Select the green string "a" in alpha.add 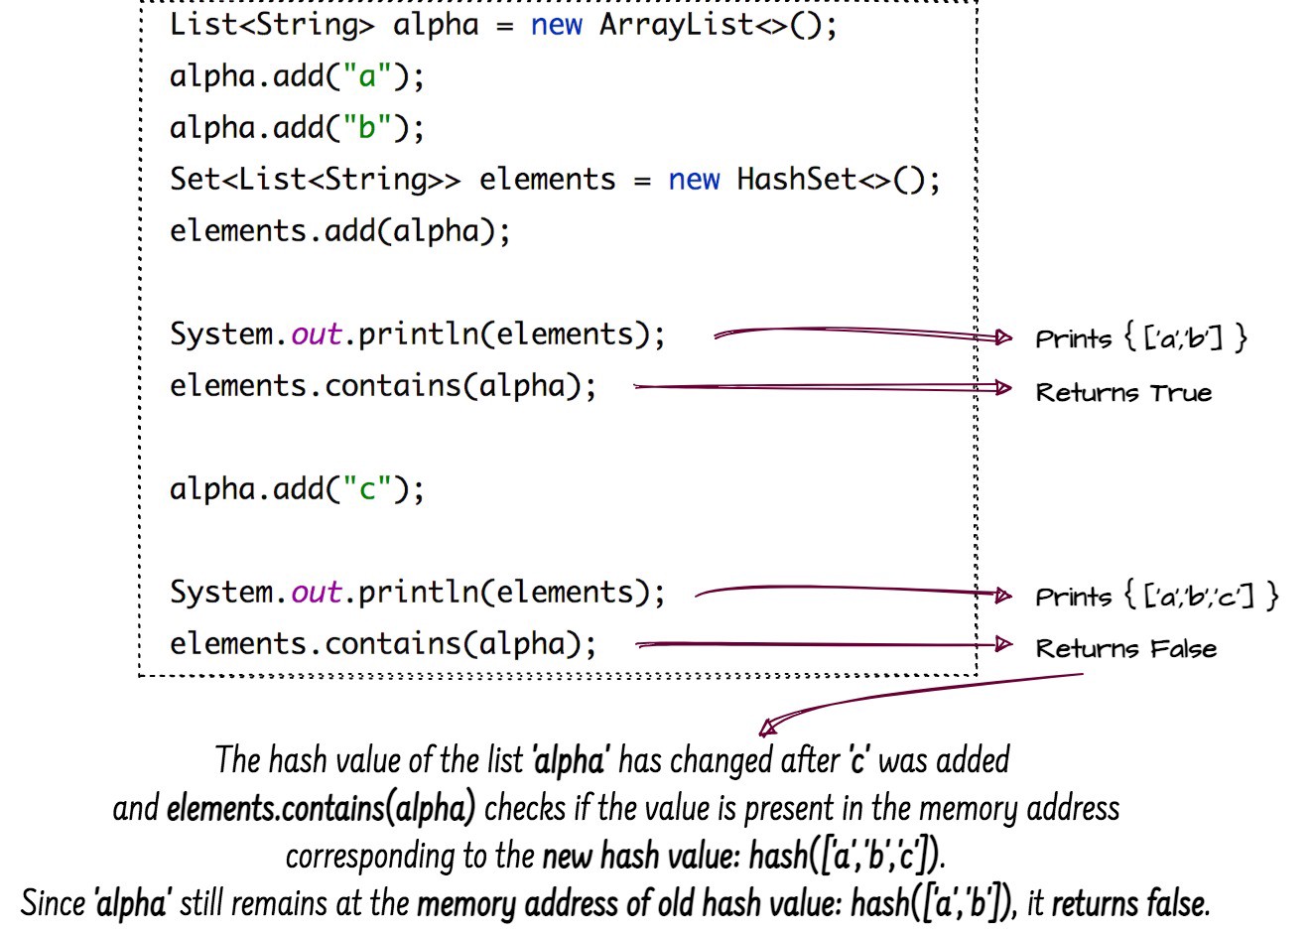point(367,76)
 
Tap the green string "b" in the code point(367,128)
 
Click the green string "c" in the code point(367,489)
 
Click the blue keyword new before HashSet point(693,180)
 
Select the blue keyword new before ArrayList point(556,24)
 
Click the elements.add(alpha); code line point(339,231)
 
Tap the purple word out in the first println point(316,334)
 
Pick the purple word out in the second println point(316,593)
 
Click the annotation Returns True point(1123,393)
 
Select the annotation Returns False point(1125,649)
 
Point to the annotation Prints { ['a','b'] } point(1140,338)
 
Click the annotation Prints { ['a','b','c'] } point(1156,597)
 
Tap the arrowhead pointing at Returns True point(1003,387)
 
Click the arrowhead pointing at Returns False point(1003,645)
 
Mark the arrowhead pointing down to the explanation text point(767,729)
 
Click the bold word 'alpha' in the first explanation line point(569,761)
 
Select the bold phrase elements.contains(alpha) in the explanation point(321,809)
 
